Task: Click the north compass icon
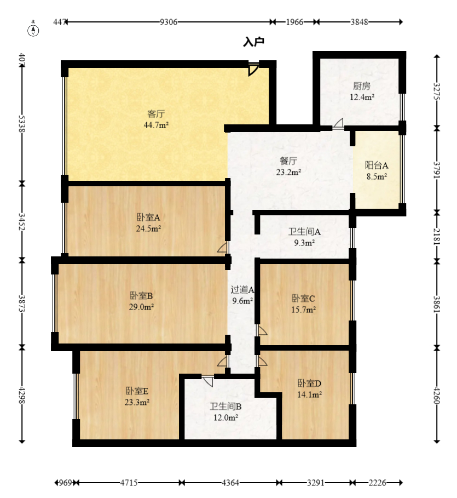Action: coord(33,30)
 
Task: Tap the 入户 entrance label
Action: coord(254,42)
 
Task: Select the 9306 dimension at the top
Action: coord(169,22)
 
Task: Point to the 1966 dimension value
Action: coord(294,22)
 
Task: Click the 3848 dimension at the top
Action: coord(359,22)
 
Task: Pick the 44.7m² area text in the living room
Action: coord(156,125)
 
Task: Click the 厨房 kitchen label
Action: coord(362,86)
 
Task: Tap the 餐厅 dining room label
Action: coord(288,161)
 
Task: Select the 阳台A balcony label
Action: coord(377,165)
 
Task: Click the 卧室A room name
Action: coord(148,217)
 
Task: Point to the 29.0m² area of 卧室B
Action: coord(142,307)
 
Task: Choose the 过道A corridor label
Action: coord(242,289)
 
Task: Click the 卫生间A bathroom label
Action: coord(304,232)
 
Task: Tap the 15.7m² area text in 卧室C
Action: coord(304,310)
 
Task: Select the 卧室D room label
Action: coord(309,383)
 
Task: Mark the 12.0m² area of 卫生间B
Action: coord(225,417)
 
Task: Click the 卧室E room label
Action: coord(137,391)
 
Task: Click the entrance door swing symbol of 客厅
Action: coord(253,69)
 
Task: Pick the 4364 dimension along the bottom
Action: coord(230,483)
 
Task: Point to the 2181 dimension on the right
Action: coord(437,236)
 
